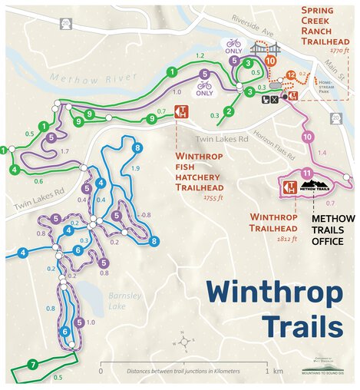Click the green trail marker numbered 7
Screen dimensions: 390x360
(33, 364)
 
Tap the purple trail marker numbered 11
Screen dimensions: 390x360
(306, 173)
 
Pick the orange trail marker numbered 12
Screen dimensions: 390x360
(291, 74)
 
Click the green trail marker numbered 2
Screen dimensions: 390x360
(229, 112)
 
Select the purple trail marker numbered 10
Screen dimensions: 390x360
(307, 137)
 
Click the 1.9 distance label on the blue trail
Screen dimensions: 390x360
(137, 168)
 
